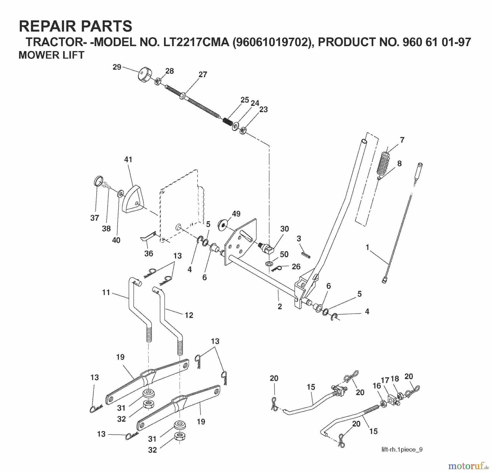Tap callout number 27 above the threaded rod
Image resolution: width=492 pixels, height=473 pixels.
(203, 74)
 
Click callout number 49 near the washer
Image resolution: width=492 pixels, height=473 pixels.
(236, 214)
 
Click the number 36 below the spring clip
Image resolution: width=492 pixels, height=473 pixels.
(148, 253)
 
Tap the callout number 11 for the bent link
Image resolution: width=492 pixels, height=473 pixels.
(106, 293)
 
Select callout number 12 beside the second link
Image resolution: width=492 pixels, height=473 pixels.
(189, 315)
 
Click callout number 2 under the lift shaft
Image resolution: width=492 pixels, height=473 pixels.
(280, 307)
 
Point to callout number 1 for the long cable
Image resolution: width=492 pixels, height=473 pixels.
(367, 247)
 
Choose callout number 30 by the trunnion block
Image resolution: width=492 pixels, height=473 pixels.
(285, 229)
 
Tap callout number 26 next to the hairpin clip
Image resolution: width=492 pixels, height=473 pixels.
(296, 266)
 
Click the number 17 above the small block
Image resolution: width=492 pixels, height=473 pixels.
(385, 380)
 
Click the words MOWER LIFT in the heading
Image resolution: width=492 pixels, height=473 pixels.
(51, 55)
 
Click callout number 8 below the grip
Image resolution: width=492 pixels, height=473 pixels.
(399, 163)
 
